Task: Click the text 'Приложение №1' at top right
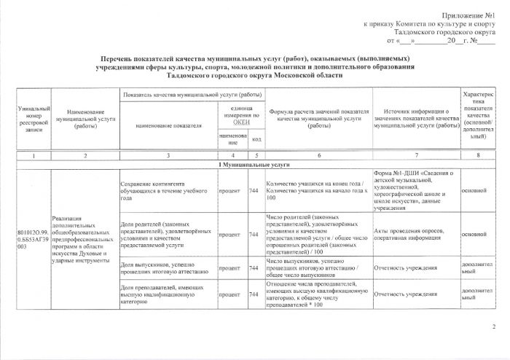point(469,15)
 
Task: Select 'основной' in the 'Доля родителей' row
point(474,234)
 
